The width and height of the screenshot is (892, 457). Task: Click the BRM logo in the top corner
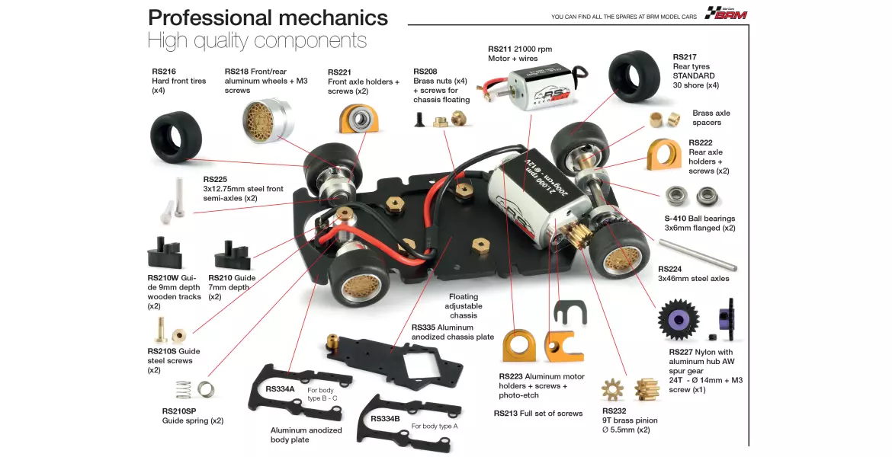click(x=726, y=13)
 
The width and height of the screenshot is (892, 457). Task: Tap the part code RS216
click(x=164, y=72)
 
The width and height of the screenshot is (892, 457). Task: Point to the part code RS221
click(x=339, y=72)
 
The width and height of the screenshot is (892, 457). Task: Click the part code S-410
click(x=675, y=219)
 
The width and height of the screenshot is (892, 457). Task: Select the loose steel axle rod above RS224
click(x=698, y=255)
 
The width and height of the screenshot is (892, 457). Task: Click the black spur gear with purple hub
click(x=679, y=319)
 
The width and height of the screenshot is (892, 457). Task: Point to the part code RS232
click(x=614, y=411)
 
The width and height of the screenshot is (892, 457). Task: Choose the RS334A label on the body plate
click(x=280, y=389)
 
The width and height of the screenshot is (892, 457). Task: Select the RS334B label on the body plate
click(x=385, y=418)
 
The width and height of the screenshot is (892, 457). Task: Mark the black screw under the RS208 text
click(x=420, y=120)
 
